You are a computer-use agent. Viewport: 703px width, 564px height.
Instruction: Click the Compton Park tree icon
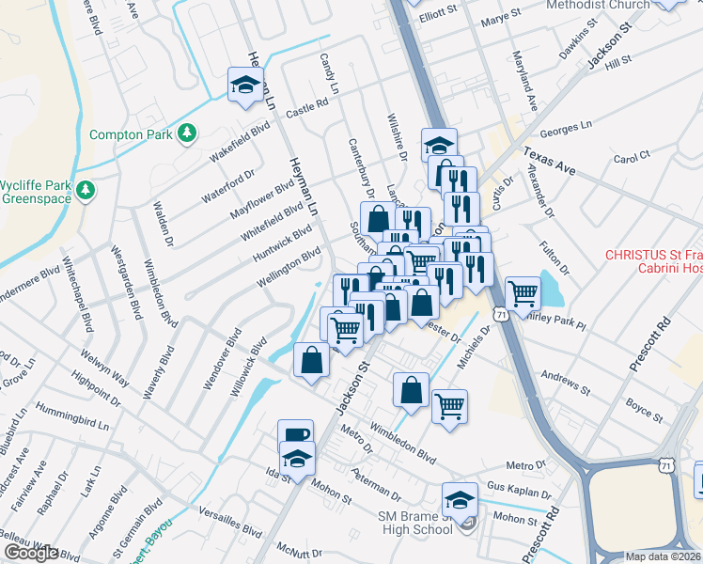[x=188, y=133]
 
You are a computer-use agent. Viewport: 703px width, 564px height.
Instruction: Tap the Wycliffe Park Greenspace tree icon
[x=86, y=190]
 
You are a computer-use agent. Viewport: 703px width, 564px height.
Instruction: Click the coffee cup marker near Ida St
[x=296, y=434]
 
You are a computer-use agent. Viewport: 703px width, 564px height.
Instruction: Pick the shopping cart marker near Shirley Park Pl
[x=522, y=292]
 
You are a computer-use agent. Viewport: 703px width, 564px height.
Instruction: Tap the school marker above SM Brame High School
[x=460, y=498]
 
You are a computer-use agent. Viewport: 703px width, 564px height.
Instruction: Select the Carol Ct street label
[x=631, y=157]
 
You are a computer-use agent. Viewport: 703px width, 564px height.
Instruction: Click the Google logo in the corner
[x=31, y=553]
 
